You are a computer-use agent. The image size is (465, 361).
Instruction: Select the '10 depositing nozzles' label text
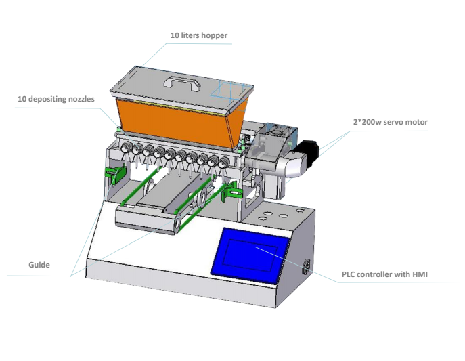(x=56, y=99)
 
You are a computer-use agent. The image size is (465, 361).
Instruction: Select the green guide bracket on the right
(x=230, y=191)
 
